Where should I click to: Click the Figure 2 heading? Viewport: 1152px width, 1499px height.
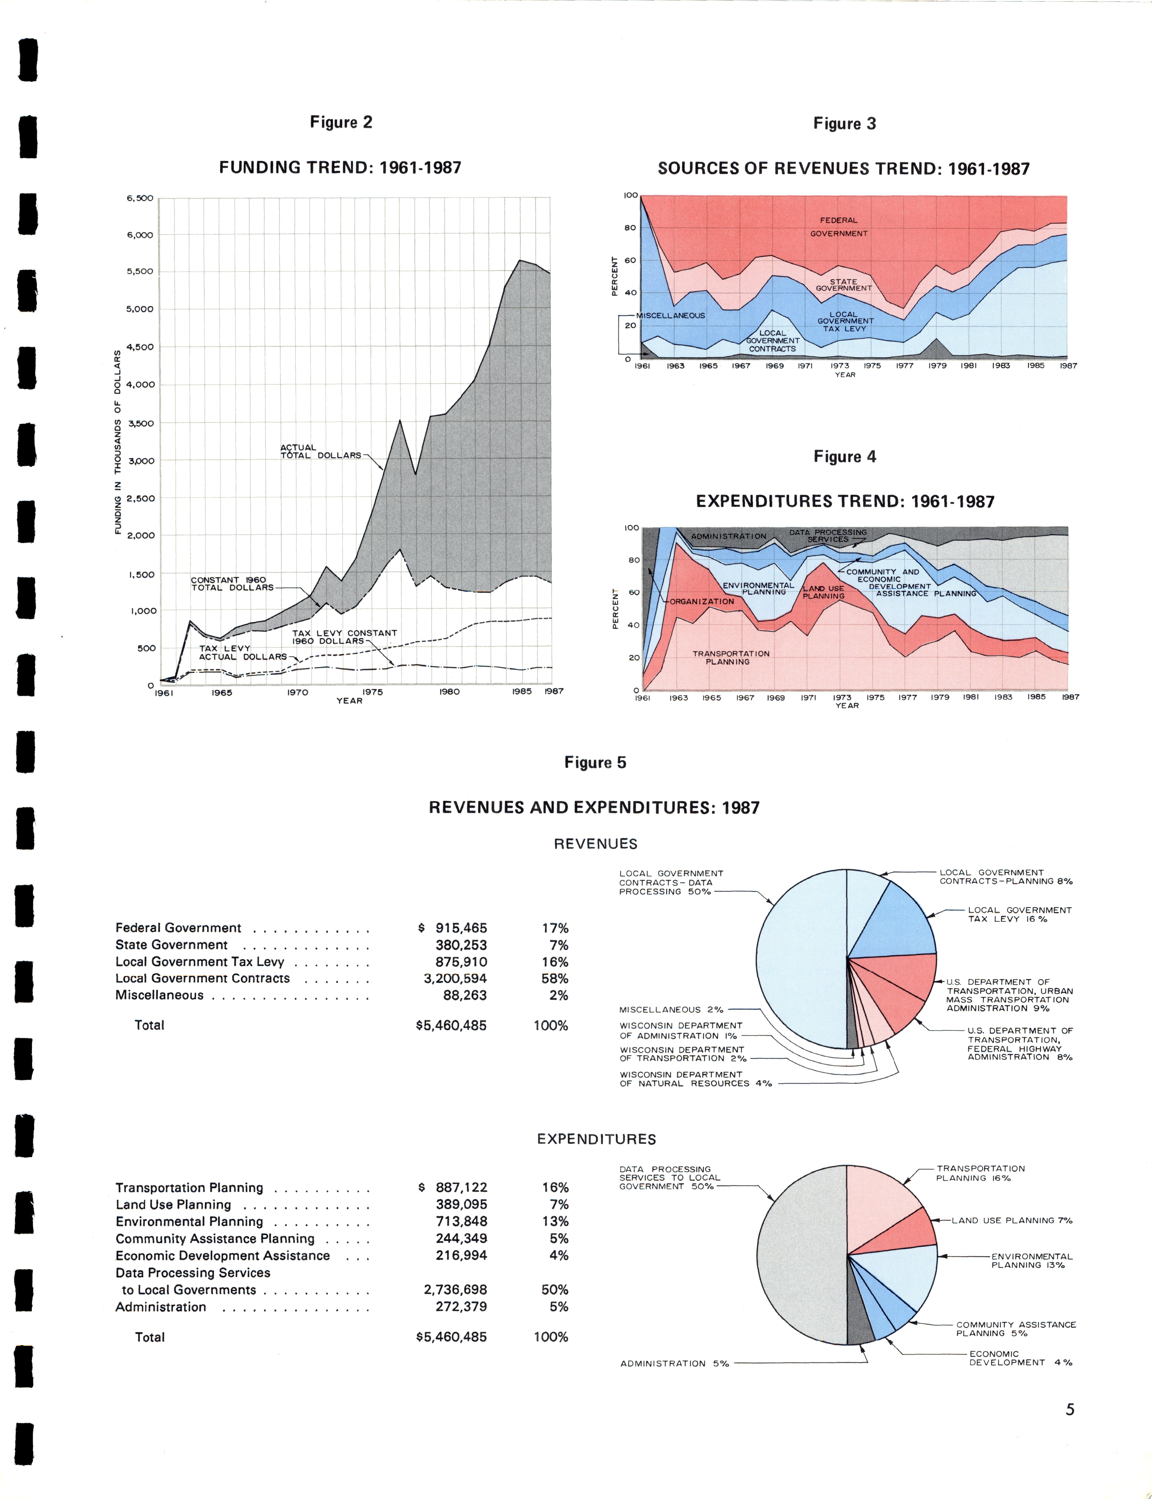[x=341, y=122]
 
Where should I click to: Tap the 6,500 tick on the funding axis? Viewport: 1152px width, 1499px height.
[x=140, y=198]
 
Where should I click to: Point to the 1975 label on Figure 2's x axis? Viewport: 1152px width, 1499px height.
[x=372, y=692]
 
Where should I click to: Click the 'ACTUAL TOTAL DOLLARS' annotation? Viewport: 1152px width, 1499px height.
[x=320, y=451]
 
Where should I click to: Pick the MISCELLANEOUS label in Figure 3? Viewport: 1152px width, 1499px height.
[x=671, y=315]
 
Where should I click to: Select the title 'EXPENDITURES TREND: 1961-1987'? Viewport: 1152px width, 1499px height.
[x=845, y=501]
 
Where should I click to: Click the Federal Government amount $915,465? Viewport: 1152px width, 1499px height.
[x=453, y=928]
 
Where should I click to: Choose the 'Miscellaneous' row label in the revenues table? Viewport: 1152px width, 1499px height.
[x=159, y=995]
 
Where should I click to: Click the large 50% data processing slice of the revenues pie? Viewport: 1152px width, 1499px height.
[x=802, y=960]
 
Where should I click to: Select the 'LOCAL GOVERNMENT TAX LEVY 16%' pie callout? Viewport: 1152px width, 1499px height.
[x=1019, y=914]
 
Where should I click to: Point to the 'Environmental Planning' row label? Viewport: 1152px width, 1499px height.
[x=189, y=1221]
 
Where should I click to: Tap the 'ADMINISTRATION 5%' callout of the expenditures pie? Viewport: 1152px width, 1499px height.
[x=674, y=1363]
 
